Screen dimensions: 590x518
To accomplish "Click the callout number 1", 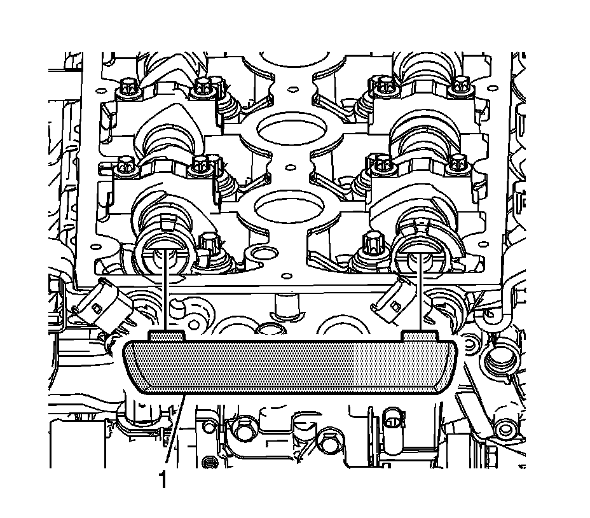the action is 163,480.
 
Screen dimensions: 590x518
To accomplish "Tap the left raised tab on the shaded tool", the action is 167,335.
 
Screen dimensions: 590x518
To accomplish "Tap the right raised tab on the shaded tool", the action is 420,335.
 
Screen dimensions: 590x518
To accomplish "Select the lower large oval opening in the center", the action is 289,206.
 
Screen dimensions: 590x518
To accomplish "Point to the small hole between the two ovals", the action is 289,166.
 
